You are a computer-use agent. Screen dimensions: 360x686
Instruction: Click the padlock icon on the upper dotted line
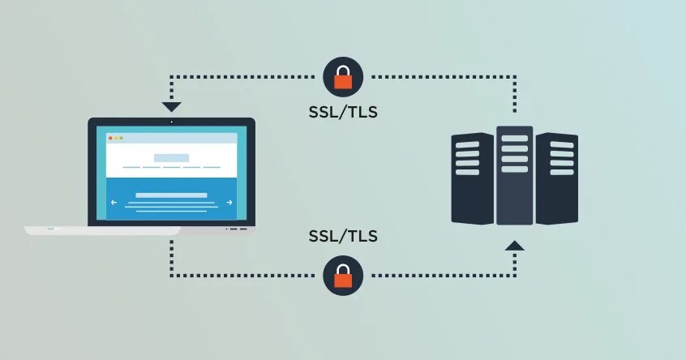(x=343, y=77)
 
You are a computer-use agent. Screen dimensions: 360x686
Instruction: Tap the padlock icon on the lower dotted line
(x=343, y=276)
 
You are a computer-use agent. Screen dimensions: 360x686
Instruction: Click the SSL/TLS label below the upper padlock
(x=343, y=112)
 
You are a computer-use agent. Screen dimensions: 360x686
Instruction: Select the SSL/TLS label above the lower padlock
(x=343, y=237)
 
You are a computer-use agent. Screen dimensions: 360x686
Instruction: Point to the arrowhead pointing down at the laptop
(x=171, y=106)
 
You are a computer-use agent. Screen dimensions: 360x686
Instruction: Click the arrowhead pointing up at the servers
(x=515, y=244)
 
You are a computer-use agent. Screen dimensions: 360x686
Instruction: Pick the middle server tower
(x=515, y=174)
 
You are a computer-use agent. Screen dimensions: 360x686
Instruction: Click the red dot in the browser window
(x=111, y=138)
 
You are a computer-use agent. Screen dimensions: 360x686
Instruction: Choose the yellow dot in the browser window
(x=116, y=138)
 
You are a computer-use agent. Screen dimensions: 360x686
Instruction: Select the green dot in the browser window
(x=122, y=138)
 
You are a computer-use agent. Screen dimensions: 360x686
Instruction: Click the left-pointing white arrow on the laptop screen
(x=114, y=202)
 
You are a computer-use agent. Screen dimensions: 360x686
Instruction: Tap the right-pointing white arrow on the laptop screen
(x=229, y=202)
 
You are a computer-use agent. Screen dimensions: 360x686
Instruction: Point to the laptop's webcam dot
(x=171, y=122)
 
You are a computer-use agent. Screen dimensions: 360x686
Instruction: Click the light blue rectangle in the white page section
(x=171, y=157)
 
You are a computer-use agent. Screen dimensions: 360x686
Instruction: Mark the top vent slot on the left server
(x=468, y=145)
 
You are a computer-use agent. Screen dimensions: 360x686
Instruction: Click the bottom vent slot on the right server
(x=562, y=172)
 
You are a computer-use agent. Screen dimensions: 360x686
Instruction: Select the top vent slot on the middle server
(x=515, y=138)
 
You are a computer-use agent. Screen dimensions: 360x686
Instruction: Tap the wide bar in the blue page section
(x=171, y=195)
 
